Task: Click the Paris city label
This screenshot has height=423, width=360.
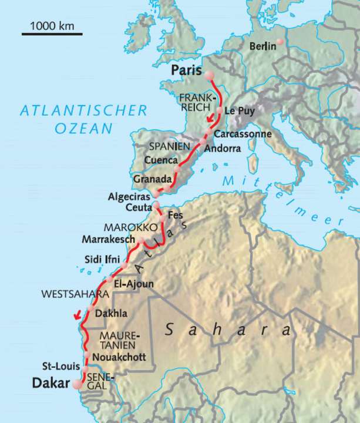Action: pos(186,70)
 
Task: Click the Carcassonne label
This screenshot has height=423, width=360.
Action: pos(243,134)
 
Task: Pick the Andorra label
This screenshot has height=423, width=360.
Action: pos(222,149)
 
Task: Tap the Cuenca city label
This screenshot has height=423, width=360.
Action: pos(161,160)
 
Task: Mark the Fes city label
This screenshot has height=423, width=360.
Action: pos(176,215)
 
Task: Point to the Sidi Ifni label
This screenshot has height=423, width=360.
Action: pos(102,259)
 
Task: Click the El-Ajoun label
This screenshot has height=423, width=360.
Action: pos(134,284)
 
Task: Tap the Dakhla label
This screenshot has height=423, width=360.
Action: pos(110,313)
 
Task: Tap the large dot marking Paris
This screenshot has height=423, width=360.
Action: pos(209,75)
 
